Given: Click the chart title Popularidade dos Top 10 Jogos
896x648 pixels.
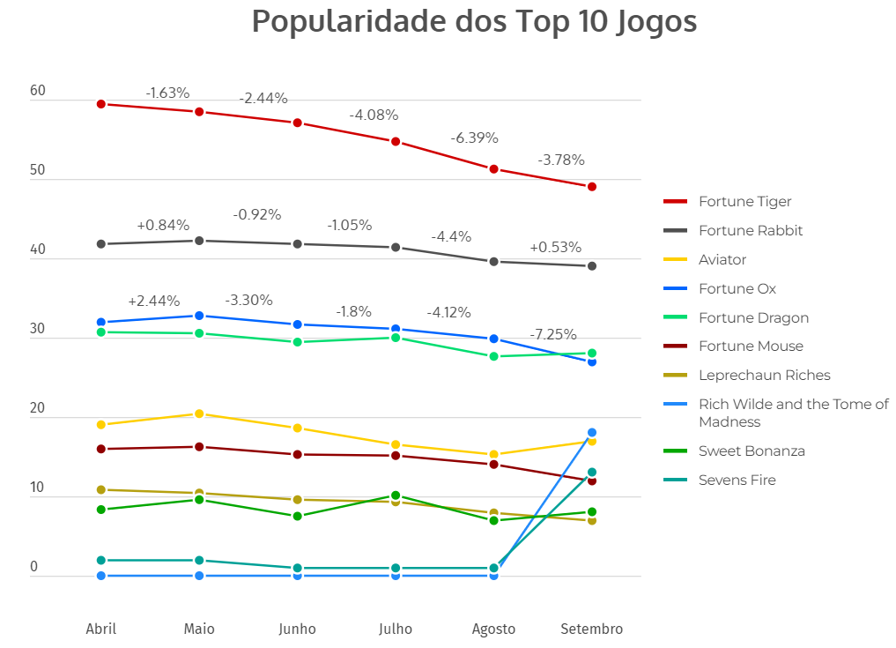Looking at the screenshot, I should [x=474, y=21].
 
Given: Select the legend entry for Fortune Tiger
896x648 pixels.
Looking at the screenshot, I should [x=744, y=202].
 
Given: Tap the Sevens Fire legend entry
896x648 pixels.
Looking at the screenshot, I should [x=737, y=480].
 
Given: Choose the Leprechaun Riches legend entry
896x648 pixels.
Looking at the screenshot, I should [x=764, y=376].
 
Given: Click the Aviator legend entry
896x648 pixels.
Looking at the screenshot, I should [x=722, y=260].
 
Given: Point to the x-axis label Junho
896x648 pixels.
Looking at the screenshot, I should [x=297, y=629].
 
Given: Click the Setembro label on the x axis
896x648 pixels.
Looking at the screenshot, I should [x=592, y=629].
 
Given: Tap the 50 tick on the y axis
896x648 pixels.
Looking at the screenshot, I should [x=38, y=170].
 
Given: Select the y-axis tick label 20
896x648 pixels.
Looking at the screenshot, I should [x=38, y=408].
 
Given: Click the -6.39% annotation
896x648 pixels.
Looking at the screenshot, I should [x=474, y=138].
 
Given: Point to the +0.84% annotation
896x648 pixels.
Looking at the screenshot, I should [x=163, y=226].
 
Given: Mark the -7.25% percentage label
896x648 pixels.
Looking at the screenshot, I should [x=553, y=335].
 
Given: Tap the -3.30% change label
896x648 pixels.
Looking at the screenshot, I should [x=248, y=301].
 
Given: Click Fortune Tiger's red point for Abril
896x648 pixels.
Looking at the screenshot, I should [x=101, y=104].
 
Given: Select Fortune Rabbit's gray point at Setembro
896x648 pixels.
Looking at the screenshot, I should [x=592, y=266].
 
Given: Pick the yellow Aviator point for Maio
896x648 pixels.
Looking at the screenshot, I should [x=199, y=413].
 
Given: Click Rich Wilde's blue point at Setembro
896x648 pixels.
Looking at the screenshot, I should [x=592, y=433].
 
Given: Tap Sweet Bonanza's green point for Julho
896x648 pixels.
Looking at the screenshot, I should [x=396, y=495].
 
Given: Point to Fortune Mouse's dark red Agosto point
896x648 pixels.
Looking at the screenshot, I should [x=493, y=465].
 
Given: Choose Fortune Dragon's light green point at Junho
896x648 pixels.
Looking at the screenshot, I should [x=298, y=342].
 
